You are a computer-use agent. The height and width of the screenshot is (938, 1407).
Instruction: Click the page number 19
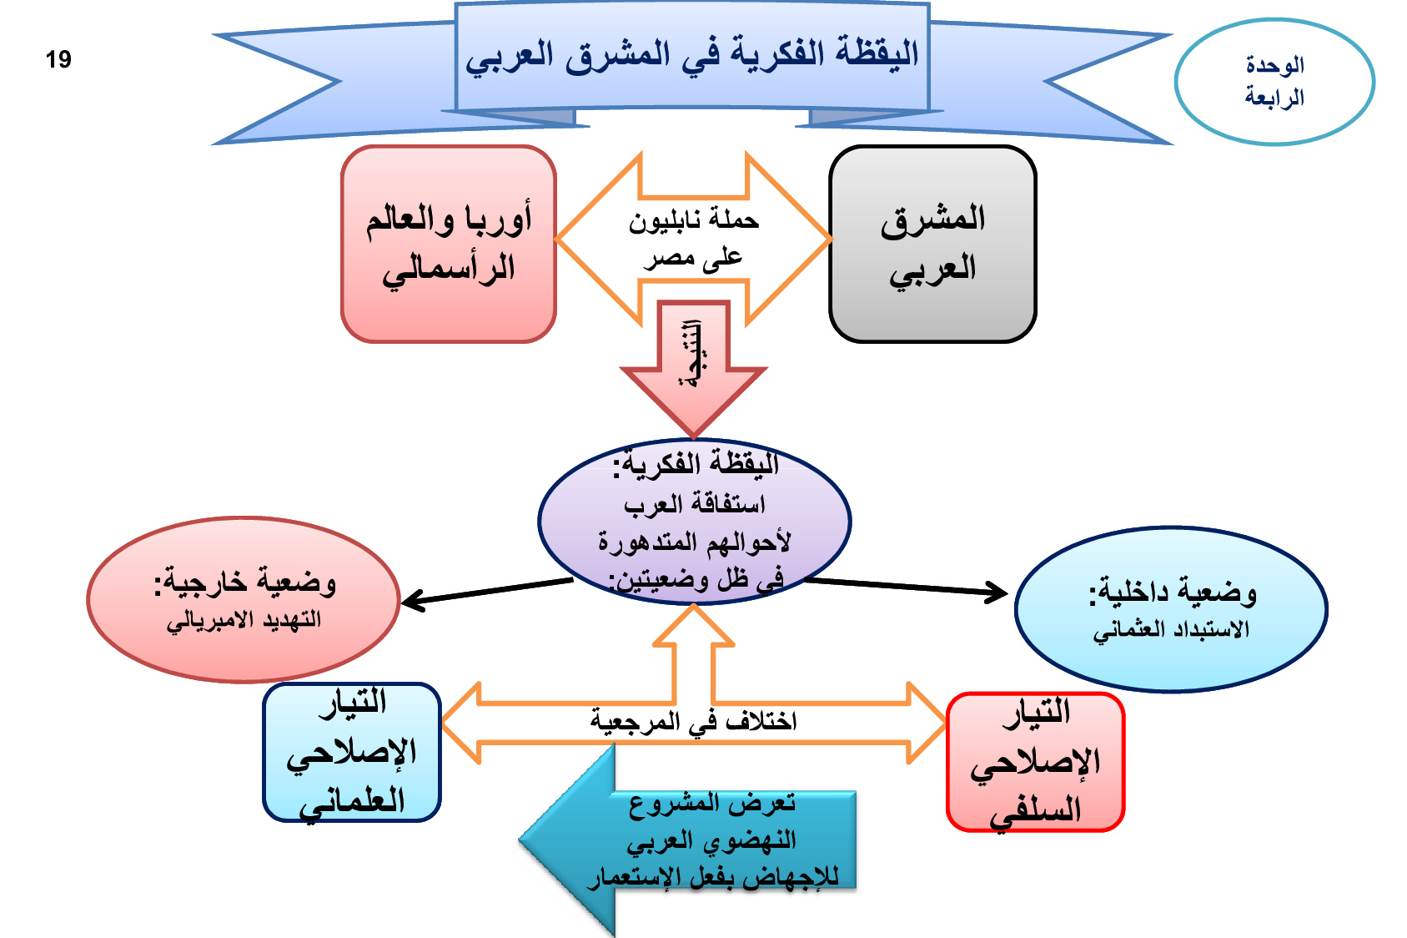[x=58, y=59]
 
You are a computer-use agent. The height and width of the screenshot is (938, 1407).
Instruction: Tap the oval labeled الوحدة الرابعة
[x=1274, y=82]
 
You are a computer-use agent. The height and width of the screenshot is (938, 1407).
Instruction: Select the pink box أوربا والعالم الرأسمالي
[x=449, y=244]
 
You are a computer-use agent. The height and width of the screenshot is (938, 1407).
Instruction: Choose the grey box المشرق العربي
[x=932, y=244]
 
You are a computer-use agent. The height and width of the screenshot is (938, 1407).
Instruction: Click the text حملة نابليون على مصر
[x=693, y=239]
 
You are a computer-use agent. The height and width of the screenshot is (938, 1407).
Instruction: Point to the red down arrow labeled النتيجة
[x=694, y=367]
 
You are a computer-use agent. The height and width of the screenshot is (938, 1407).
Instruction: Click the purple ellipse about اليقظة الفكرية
[x=694, y=522]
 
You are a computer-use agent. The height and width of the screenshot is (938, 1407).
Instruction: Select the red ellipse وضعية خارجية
[x=244, y=599]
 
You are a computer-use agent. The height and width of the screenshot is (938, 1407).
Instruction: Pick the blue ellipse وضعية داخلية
[x=1171, y=609]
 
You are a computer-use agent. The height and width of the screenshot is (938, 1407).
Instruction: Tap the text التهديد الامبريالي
[x=244, y=620]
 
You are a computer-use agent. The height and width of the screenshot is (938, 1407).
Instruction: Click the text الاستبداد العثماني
[x=1171, y=629]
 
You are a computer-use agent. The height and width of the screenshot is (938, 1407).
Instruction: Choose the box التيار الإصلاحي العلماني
[x=352, y=752]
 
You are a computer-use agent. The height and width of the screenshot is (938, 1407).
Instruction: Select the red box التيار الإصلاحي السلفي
[x=1036, y=761]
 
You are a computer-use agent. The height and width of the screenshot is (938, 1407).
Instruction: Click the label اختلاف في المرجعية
[x=693, y=721]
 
